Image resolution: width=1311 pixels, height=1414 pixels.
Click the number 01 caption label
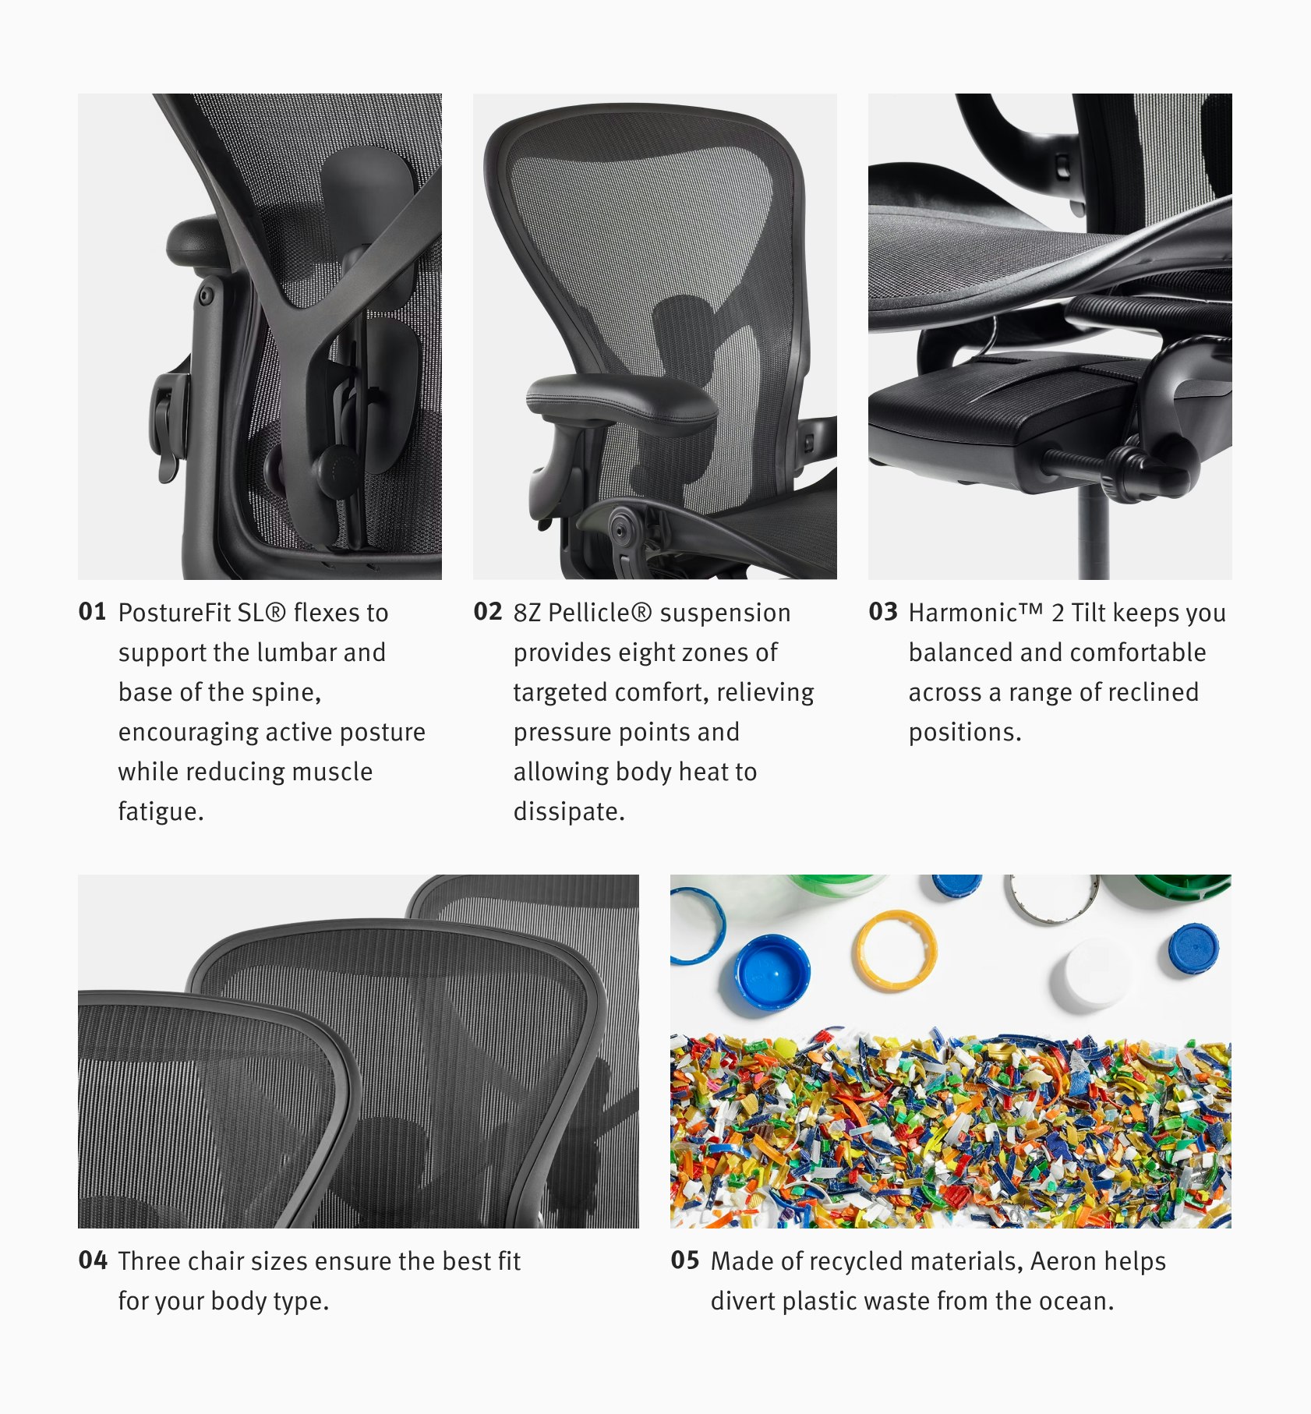[x=92, y=612]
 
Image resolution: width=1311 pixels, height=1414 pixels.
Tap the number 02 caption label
[x=487, y=612]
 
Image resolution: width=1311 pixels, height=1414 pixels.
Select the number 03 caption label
[x=882, y=612]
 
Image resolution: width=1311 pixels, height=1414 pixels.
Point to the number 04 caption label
[x=92, y=1260]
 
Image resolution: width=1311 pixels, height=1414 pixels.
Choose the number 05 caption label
[x=684, y=1260]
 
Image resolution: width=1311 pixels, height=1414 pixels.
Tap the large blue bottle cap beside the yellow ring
[x=772, y=973]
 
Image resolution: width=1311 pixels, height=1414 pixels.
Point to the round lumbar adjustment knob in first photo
[x=335, y=467]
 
